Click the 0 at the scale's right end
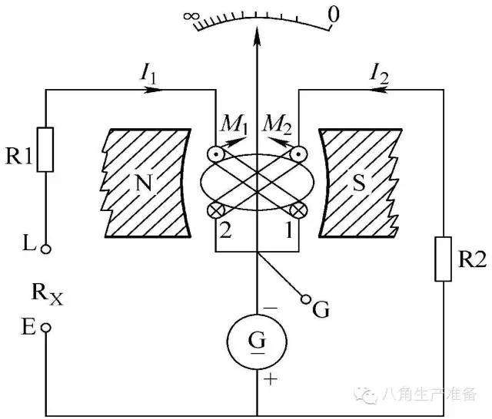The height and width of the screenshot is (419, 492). pos(333,14)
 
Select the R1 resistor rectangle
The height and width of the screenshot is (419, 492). pos(46,150)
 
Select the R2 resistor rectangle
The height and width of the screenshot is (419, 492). pos(444,259)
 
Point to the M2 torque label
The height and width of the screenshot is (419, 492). pos(276,123)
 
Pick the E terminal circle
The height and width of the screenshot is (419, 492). pos(46,327)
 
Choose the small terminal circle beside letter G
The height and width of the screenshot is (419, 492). pos(305,298)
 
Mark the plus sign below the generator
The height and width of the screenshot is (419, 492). pos(269,378)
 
